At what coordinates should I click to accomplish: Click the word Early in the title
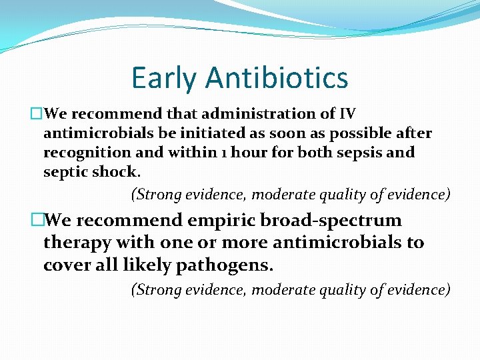164,77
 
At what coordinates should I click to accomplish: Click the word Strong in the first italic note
156,195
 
